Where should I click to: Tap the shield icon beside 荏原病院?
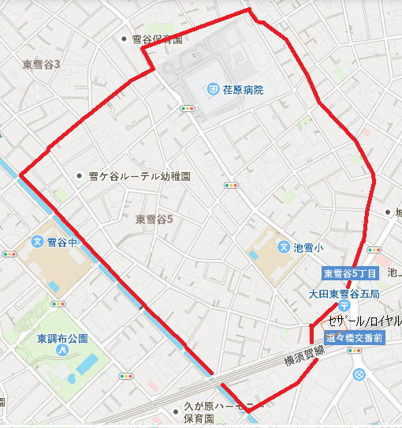214,90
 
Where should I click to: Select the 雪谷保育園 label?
157,39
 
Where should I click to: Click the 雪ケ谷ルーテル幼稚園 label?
140,177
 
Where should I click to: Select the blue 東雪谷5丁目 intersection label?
350,273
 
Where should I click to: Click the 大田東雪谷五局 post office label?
344,293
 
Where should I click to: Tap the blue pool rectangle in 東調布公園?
87,363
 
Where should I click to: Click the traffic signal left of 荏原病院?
186,108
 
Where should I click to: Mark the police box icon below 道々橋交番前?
359,374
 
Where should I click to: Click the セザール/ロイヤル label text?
364,321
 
